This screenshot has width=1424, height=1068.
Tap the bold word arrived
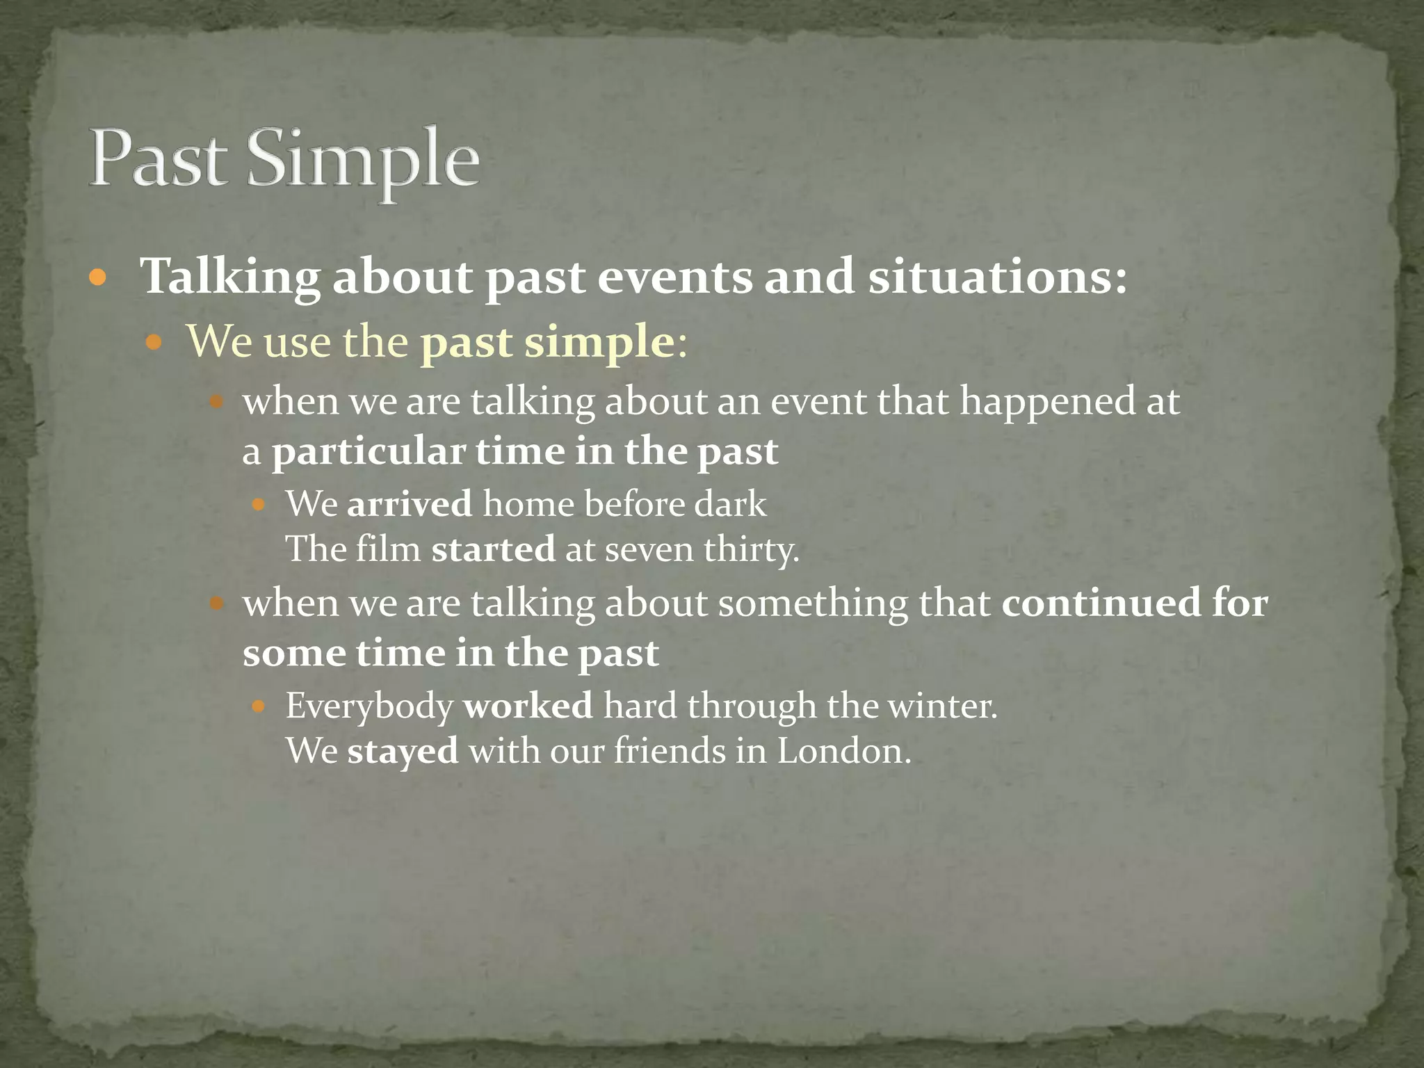coord(410,503)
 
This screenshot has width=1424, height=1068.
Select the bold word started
coord(493,549)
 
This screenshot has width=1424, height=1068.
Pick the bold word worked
coord(528,706)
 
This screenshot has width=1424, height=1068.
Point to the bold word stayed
coord(403,752)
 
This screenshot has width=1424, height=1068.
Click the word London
coord(843,751)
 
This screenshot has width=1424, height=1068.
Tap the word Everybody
coord(369,706)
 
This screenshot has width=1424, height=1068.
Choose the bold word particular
coord(369,452)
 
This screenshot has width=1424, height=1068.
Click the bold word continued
coord(1101,602)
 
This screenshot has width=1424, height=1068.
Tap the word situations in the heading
coord(996,277)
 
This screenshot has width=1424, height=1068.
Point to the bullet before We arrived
coord(259,505)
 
